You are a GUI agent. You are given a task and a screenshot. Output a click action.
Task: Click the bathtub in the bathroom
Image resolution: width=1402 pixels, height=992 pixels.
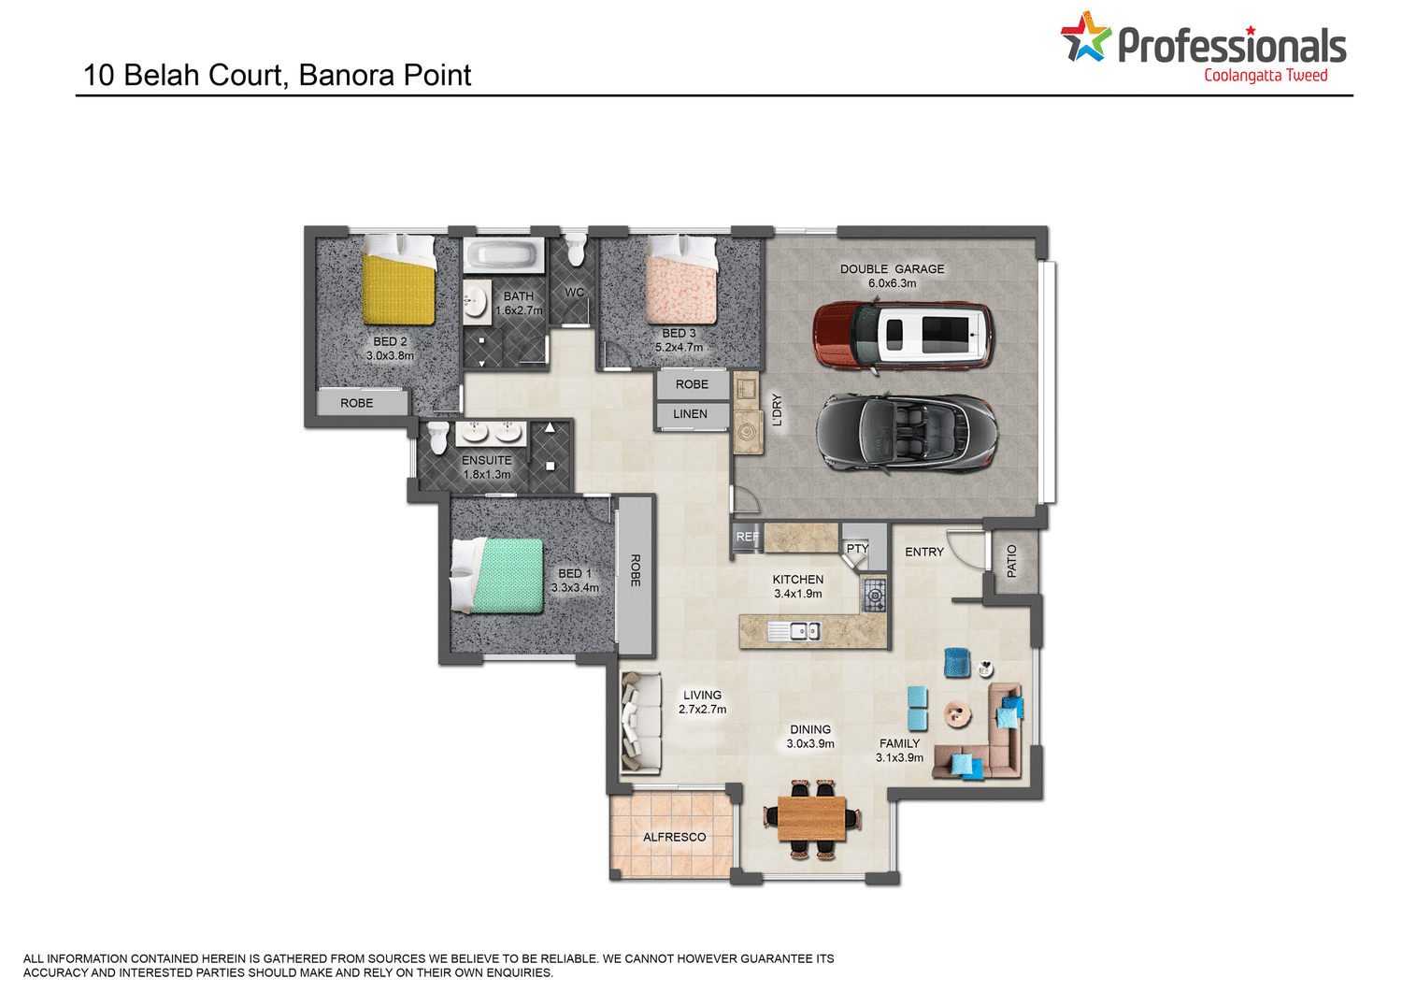point(504,254)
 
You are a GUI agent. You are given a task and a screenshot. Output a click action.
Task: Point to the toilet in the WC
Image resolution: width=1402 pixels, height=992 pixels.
point(575,250)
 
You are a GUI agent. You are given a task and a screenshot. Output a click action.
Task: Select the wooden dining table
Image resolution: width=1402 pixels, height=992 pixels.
point(811,819)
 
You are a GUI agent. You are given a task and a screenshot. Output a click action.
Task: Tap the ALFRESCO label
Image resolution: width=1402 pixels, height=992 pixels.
point(674,837)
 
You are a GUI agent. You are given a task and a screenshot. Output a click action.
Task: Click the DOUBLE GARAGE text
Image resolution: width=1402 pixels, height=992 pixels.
point(892,269)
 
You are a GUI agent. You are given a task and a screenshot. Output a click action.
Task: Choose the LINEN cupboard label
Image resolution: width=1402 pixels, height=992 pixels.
point(690,414)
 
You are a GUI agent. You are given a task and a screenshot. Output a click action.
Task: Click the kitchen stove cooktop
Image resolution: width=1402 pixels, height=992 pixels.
point(874,595)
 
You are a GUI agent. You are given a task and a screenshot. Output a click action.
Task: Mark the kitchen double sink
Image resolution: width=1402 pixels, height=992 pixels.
point(794,632)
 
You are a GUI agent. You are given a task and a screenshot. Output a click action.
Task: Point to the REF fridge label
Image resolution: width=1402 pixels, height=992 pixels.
point(747,537)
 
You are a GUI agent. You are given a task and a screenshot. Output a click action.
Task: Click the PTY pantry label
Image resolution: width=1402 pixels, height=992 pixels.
point(857,549)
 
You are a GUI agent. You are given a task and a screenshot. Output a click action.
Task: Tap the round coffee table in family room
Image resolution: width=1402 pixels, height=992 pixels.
point(957,714)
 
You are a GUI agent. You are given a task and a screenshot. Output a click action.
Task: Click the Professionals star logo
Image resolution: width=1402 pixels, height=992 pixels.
point(1084,37)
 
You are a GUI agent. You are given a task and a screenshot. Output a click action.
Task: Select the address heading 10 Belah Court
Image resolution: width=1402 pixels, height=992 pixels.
point(277,75)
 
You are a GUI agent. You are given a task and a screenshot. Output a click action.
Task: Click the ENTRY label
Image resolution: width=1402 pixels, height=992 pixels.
point(923,552)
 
